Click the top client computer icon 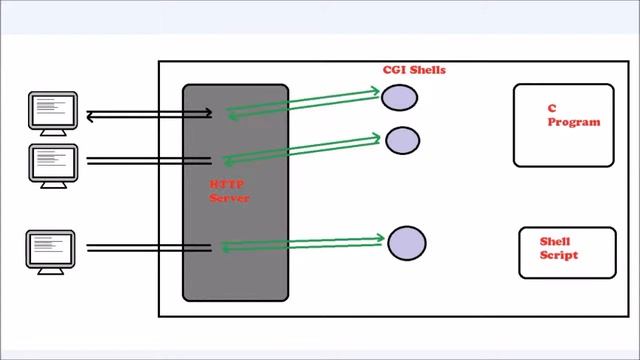(51, 110)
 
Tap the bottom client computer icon (50, 250)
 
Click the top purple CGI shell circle (399, 97)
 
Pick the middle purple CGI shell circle (402, 140)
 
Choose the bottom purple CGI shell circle (406, 243)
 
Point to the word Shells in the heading (428, 70)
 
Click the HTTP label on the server (223, 185)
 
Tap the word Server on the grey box (229, 198)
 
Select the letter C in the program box (551, 108)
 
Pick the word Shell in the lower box (556, 241)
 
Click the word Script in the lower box (559, 255)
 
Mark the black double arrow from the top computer (148, 115)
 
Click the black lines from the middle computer (148, 160)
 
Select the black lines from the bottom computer (148, 247)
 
